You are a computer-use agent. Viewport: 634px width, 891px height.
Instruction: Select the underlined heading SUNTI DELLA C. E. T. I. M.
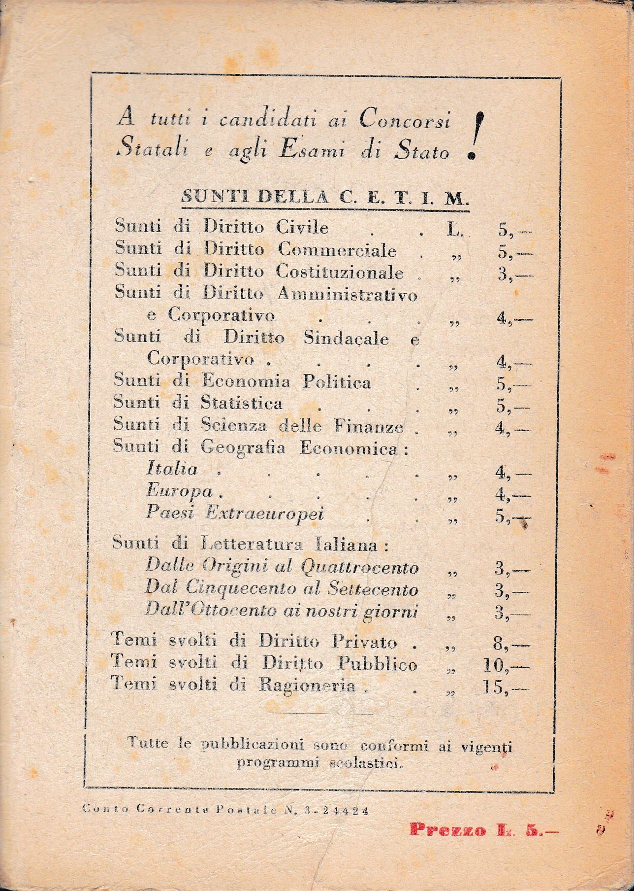click(325, 198)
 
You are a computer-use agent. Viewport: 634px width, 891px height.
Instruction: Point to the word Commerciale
click(338, 251)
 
